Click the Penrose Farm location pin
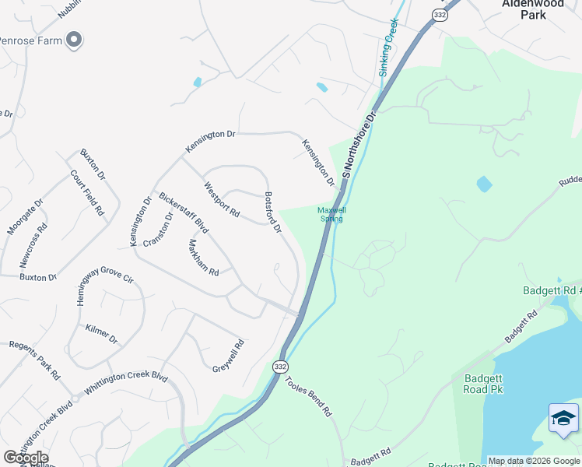point(74,39)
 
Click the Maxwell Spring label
point(331,214)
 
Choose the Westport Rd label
point(221,198)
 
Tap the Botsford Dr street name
point(272,212)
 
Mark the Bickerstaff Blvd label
point(184,212)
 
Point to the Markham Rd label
point(203,257)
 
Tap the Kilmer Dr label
point(102,334)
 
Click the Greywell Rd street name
point(229,355)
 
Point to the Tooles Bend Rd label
point(309,395)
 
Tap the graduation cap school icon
point(563,419)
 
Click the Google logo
point(26,458)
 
